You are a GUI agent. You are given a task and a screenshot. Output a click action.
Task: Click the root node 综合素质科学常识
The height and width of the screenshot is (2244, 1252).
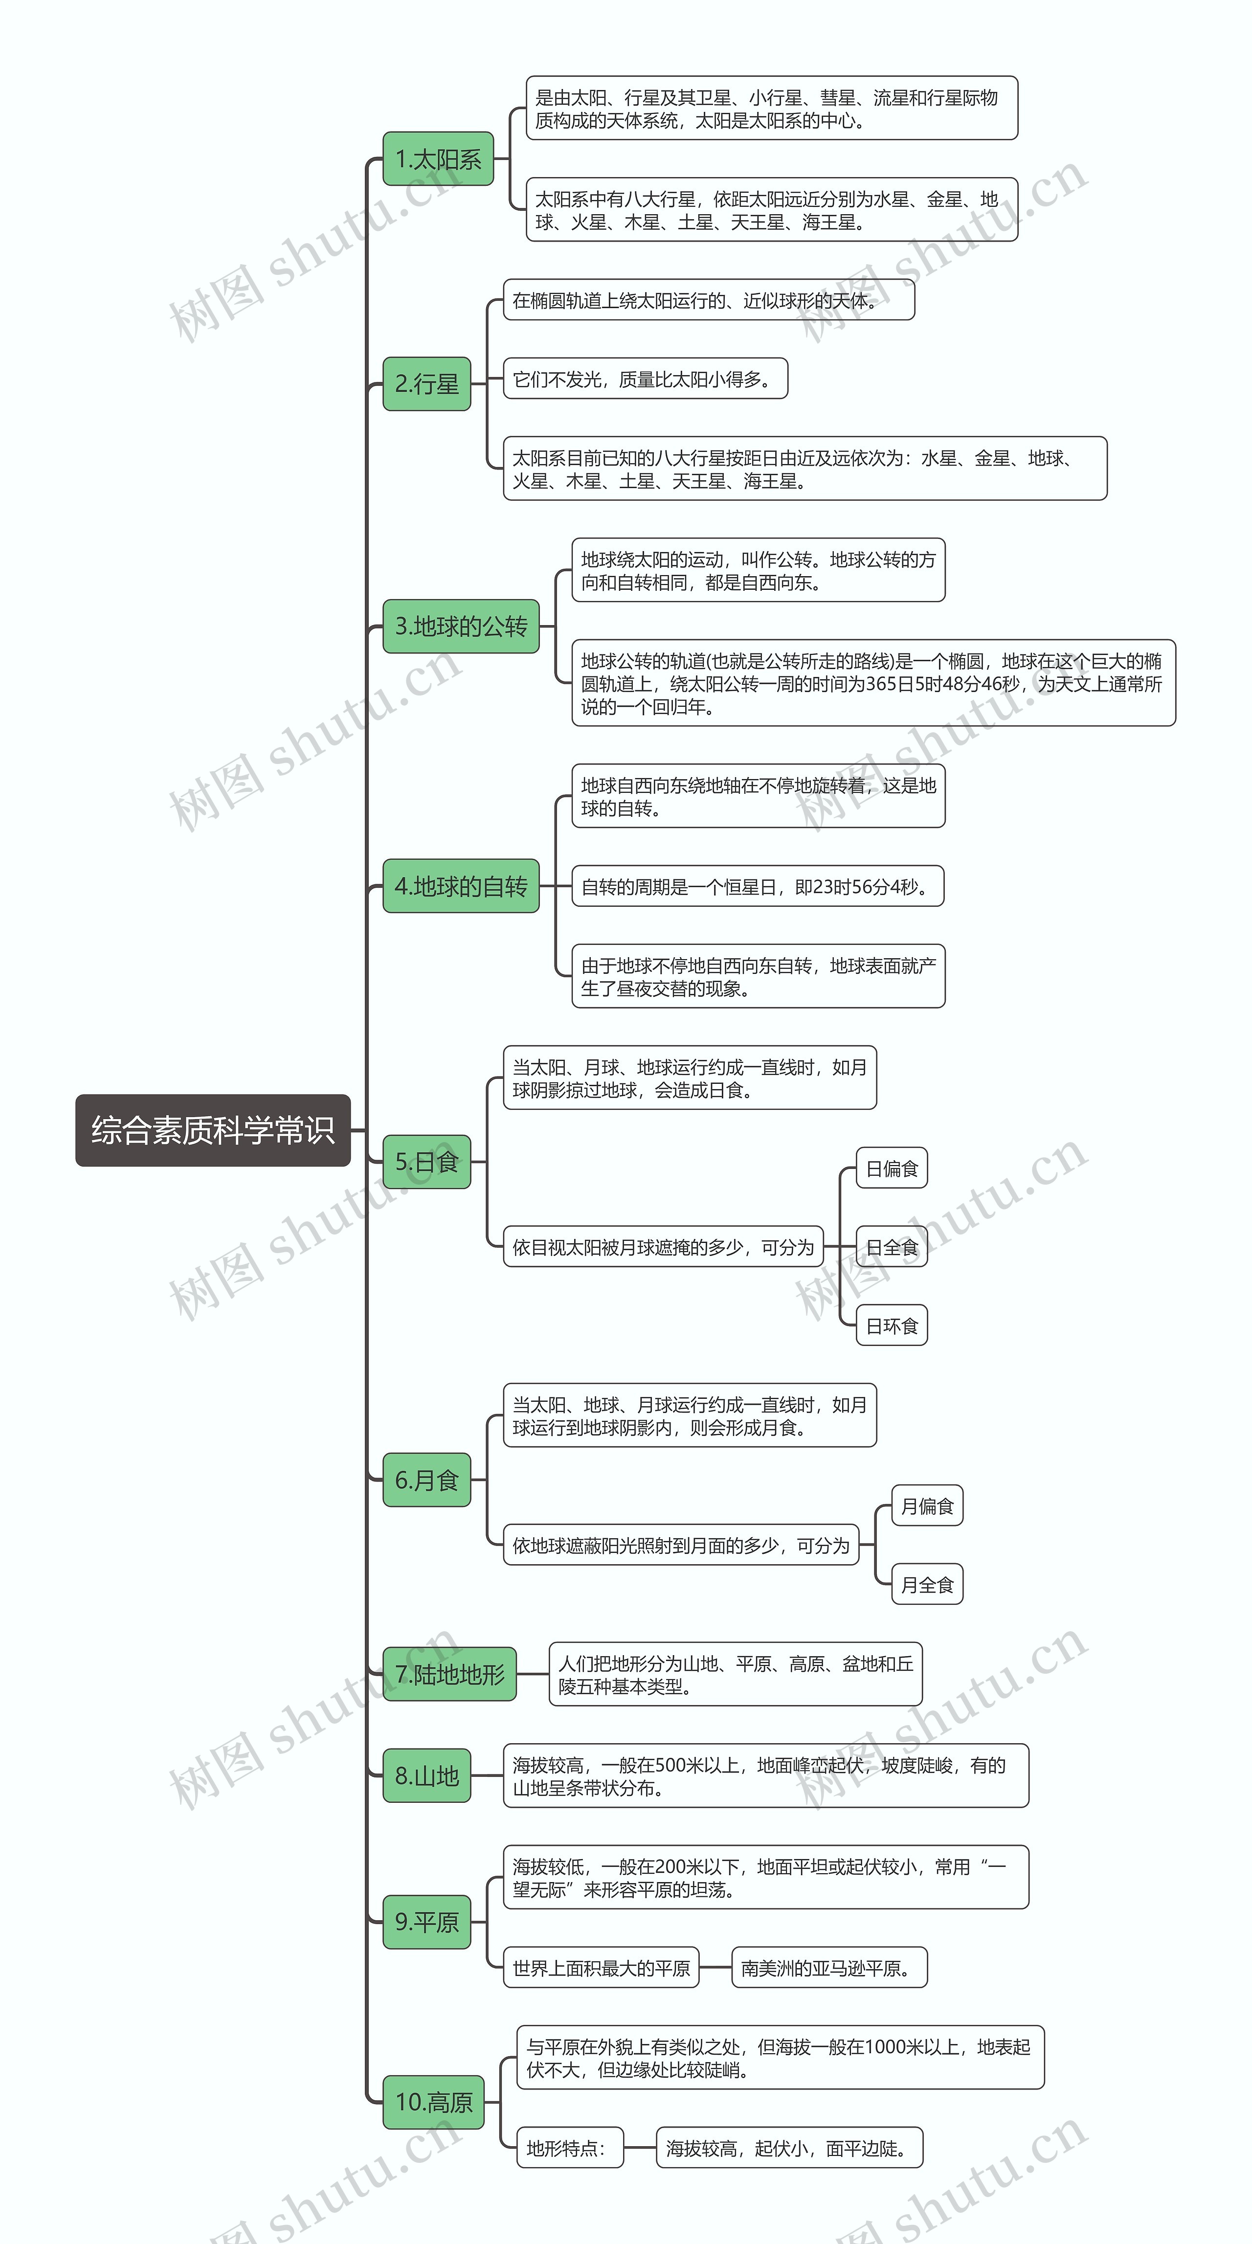(213, 1130)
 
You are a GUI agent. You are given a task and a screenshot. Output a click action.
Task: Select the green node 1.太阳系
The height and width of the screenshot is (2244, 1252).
(438, 159)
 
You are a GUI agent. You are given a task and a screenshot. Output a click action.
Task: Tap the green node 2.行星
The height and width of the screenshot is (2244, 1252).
(427, 383)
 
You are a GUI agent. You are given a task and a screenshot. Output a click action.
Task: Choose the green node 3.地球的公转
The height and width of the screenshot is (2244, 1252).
(461, 627)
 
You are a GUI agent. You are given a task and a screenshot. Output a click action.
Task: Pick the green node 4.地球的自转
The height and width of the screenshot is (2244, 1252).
(461, 887)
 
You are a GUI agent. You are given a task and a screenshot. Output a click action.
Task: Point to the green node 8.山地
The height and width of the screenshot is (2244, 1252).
(427, 1775)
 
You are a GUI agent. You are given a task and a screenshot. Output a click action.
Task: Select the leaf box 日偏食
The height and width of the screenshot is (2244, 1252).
(891, 1169)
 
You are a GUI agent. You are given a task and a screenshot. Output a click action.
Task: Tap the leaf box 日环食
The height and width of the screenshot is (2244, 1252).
(891, 1326)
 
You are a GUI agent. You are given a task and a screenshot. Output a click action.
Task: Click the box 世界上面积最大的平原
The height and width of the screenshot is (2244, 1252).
(601, 1968)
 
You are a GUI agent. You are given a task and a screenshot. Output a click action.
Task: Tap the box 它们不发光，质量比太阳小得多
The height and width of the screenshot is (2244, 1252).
(645, 379)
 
